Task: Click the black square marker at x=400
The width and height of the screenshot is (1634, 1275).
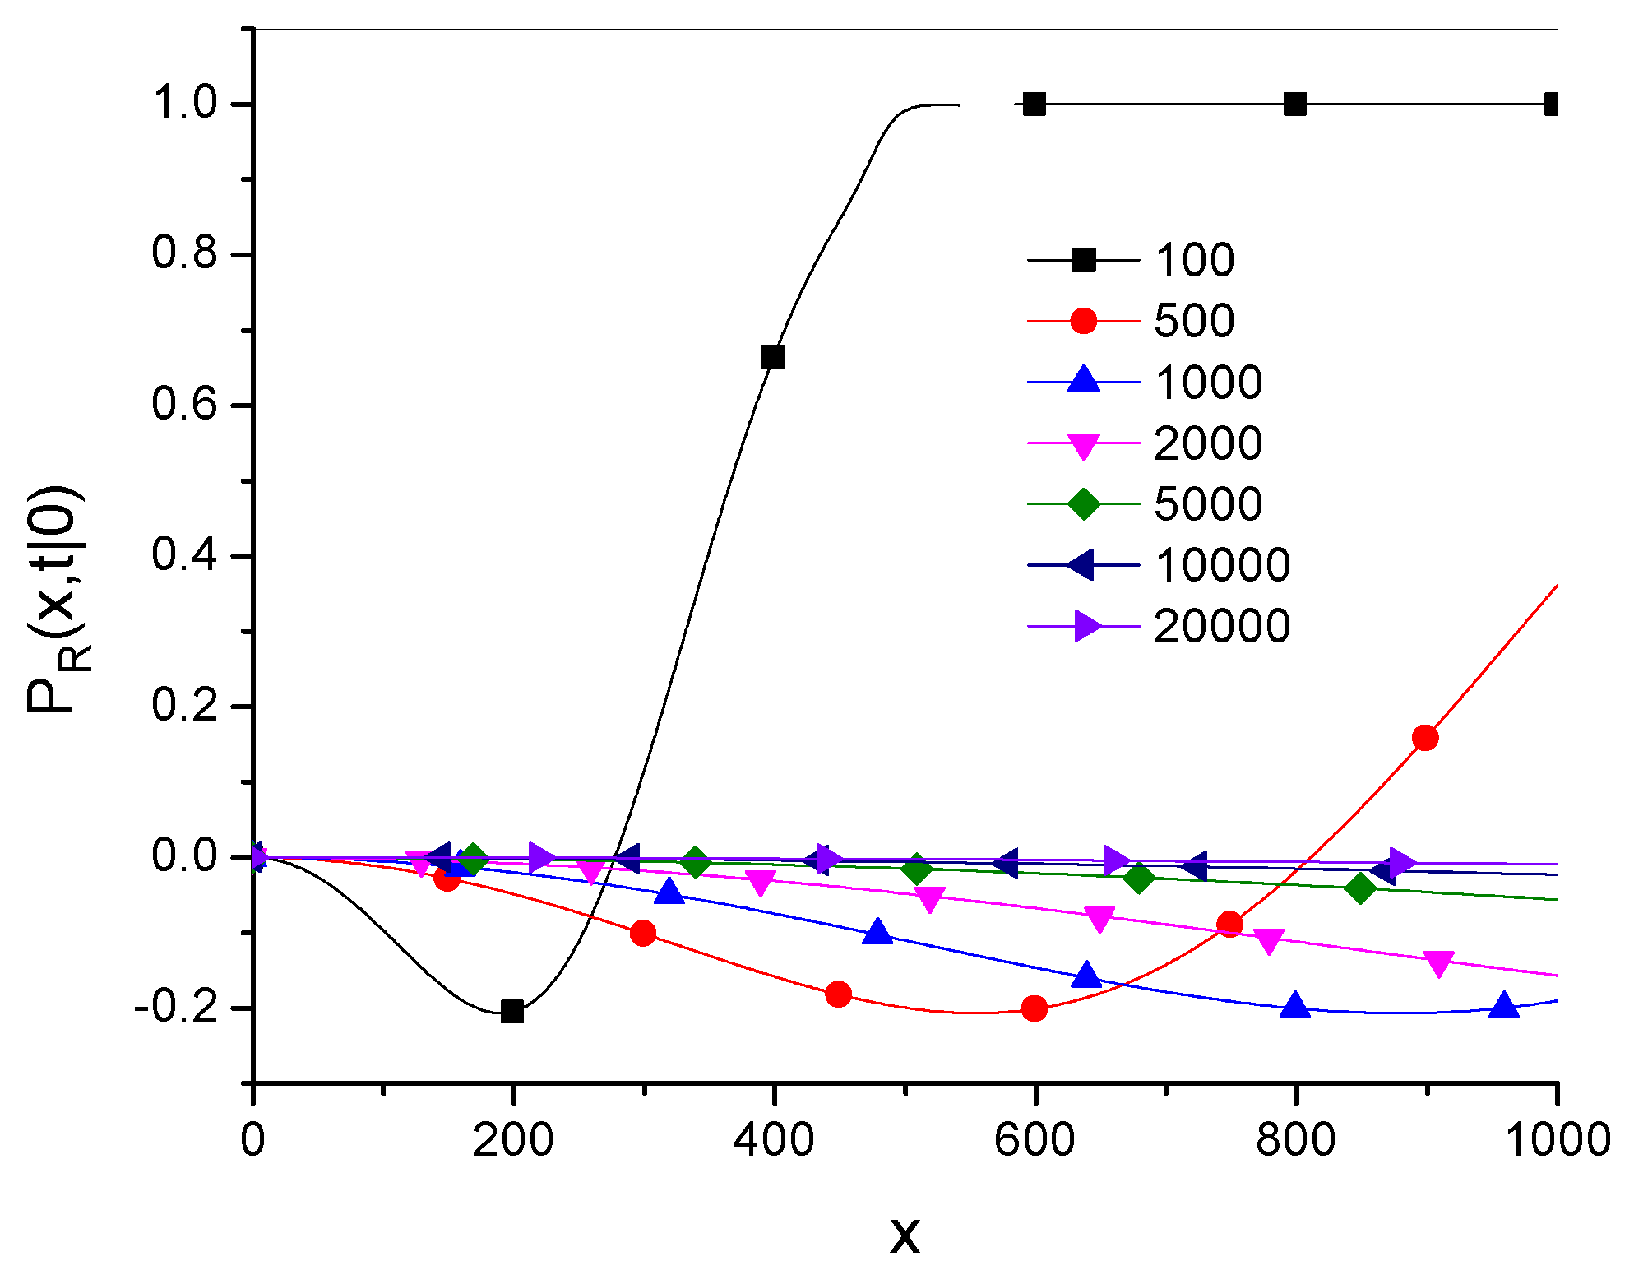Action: pos(773,357)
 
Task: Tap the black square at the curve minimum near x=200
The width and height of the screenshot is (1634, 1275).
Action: pos(512,1012)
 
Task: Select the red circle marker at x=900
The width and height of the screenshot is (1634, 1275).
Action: pos(1425,738)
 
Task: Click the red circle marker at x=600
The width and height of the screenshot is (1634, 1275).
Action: pos(1035,1008)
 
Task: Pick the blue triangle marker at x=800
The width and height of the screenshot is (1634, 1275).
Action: pos(1295,1006)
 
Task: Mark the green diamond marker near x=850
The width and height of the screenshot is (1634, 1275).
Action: pos(1361,888)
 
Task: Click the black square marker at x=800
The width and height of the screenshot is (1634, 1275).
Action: pos(1295,104)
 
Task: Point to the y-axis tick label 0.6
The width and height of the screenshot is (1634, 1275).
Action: pos(184,405)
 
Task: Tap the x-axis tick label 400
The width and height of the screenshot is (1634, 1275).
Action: pos(773,1140)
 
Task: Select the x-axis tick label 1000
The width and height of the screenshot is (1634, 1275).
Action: pos(1557,1140)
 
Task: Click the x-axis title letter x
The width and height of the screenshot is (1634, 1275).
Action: pos(905,1234)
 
